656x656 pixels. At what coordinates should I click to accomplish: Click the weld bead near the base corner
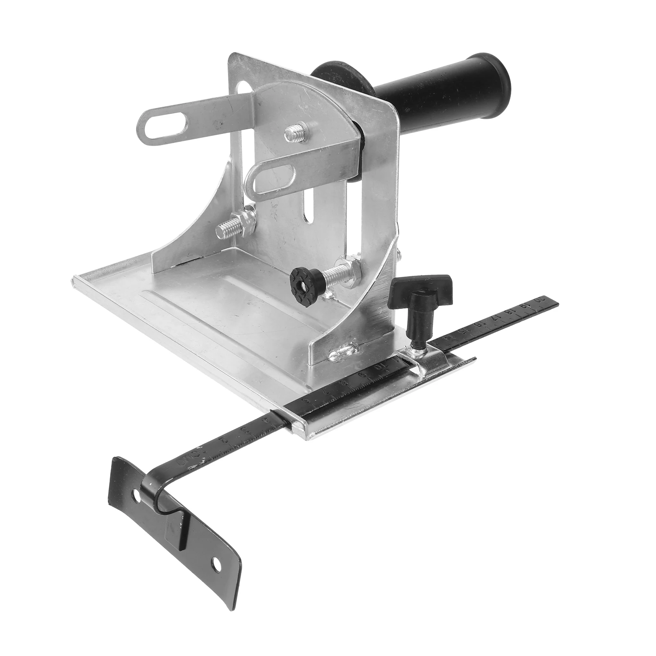344,353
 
